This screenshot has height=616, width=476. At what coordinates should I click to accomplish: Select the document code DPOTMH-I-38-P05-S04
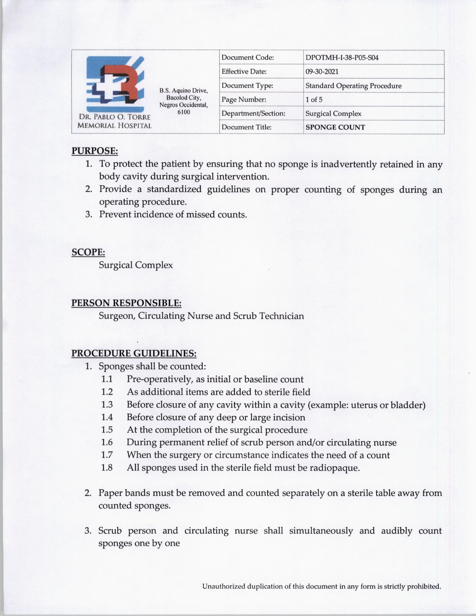click(342, 58)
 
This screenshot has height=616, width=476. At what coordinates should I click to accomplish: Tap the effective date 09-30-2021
click(322, 72)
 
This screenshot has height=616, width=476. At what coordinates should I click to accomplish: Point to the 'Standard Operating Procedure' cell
click(353, 86)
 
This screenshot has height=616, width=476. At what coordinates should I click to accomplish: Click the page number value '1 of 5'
click(314, 100)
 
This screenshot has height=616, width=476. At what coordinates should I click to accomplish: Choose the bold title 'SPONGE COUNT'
click(335, 127)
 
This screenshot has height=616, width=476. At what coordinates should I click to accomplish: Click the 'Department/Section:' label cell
click(253, 113)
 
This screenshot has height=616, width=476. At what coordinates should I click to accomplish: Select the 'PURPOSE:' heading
click(95, 151)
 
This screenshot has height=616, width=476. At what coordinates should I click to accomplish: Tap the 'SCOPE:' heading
click(88, 252)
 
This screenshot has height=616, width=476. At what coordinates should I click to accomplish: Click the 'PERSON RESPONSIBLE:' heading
click(126, 303)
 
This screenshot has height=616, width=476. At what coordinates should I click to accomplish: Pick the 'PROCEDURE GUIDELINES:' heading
click(134, 353)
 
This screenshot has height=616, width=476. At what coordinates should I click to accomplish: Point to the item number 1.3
click(107, 405)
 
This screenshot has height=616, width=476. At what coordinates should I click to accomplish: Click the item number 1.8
click(107, 467)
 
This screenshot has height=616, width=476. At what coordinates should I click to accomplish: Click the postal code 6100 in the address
click(184, 112)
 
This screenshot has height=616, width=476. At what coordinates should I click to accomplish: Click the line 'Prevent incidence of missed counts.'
click(173, 215)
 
